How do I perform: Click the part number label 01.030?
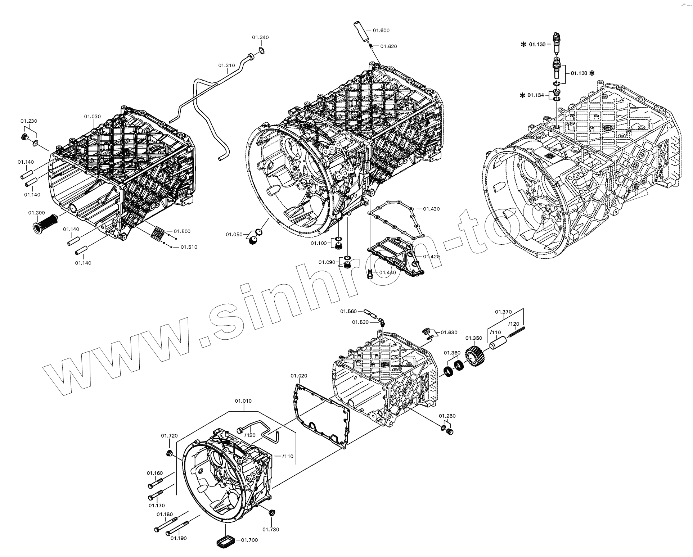(93, 117)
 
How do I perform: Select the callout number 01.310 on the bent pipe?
(226, 65)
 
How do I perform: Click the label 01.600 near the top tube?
(381, 31)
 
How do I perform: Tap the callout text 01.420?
(431, 257)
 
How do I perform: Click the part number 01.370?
(503, 312)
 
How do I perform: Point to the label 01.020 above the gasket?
(299, 376)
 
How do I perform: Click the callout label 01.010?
(243, 401)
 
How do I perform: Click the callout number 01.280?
(447, 416)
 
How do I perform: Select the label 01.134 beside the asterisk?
(536, 95)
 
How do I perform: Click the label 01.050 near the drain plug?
(234, 235)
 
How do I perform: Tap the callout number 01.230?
(29, 121)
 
